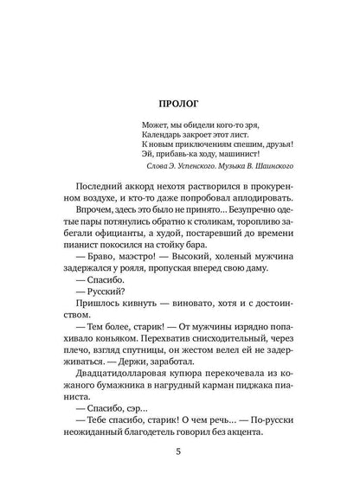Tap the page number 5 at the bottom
(180, 451)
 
